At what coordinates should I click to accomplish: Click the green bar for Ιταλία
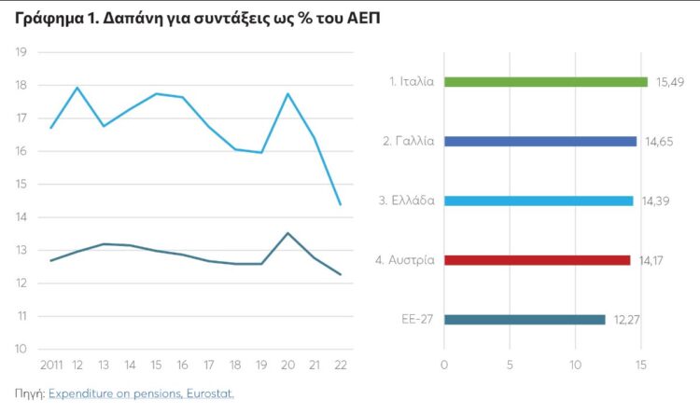point(545,82)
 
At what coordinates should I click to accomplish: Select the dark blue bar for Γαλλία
point(539,142)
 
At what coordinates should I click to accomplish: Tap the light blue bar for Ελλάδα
point(539,200)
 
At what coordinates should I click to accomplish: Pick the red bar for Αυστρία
point(537,260)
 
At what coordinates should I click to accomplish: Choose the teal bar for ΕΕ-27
point(525,320)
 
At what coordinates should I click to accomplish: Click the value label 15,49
point(669,82)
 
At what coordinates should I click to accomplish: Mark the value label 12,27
point(626,320)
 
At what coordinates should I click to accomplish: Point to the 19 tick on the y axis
point(19,52)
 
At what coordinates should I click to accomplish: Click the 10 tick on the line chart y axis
point(19,350)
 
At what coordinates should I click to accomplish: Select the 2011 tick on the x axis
point(50,364)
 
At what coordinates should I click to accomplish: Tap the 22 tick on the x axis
point(340,364)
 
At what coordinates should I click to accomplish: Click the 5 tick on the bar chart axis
point(511,364)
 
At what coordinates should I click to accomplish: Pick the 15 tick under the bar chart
point(641,364)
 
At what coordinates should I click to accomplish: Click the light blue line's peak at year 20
point(287,93)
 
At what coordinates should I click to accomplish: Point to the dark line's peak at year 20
point(287,233)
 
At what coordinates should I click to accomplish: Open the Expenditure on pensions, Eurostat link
point(141,394)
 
